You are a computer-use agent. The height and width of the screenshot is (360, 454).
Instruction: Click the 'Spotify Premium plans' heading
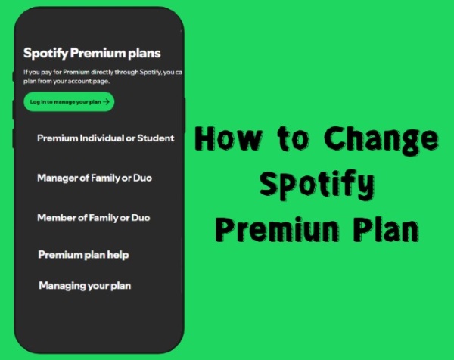coord(92,54)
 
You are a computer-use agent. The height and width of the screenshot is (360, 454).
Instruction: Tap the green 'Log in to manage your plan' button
coord(69,101)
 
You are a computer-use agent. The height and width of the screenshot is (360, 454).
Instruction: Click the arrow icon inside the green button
coord(107,101)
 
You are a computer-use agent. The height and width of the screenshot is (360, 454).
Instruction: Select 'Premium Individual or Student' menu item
coord(105,138)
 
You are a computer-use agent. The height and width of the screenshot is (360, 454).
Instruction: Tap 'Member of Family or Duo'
coord(93,218)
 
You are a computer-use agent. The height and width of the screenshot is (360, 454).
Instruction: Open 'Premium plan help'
coord(83,255)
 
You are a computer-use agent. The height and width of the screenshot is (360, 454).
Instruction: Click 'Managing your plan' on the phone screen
coord(84,285)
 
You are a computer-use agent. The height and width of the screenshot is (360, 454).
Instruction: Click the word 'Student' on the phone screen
coord(156,138)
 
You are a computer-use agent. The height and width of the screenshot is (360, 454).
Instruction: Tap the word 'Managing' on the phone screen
coord(62,285)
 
